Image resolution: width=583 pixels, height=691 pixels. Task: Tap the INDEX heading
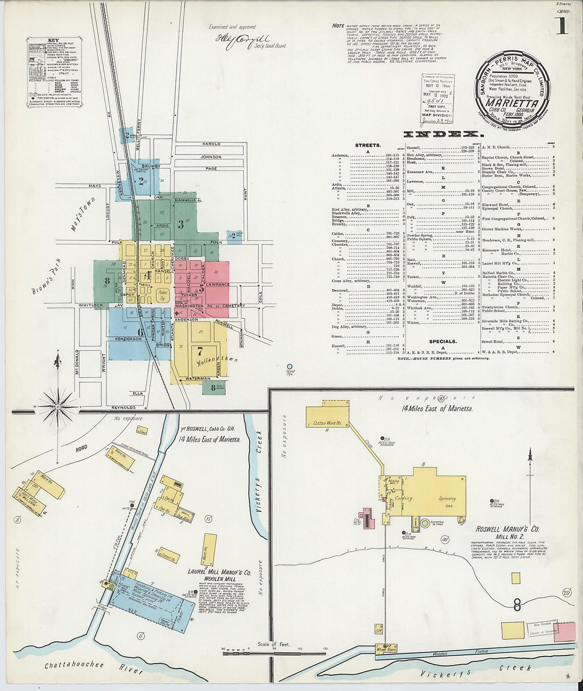pos(443,134)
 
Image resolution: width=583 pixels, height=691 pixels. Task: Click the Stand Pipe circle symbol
pos(289,366)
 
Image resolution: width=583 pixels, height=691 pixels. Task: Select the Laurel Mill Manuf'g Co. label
pos(219,572)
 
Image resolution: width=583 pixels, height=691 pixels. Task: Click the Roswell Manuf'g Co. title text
pos(507,529)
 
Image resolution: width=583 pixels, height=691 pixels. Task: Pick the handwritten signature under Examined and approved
pos(235,41)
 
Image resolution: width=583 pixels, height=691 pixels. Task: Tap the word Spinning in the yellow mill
pos(447,498)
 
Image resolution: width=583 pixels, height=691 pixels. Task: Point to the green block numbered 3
pos(180,224)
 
